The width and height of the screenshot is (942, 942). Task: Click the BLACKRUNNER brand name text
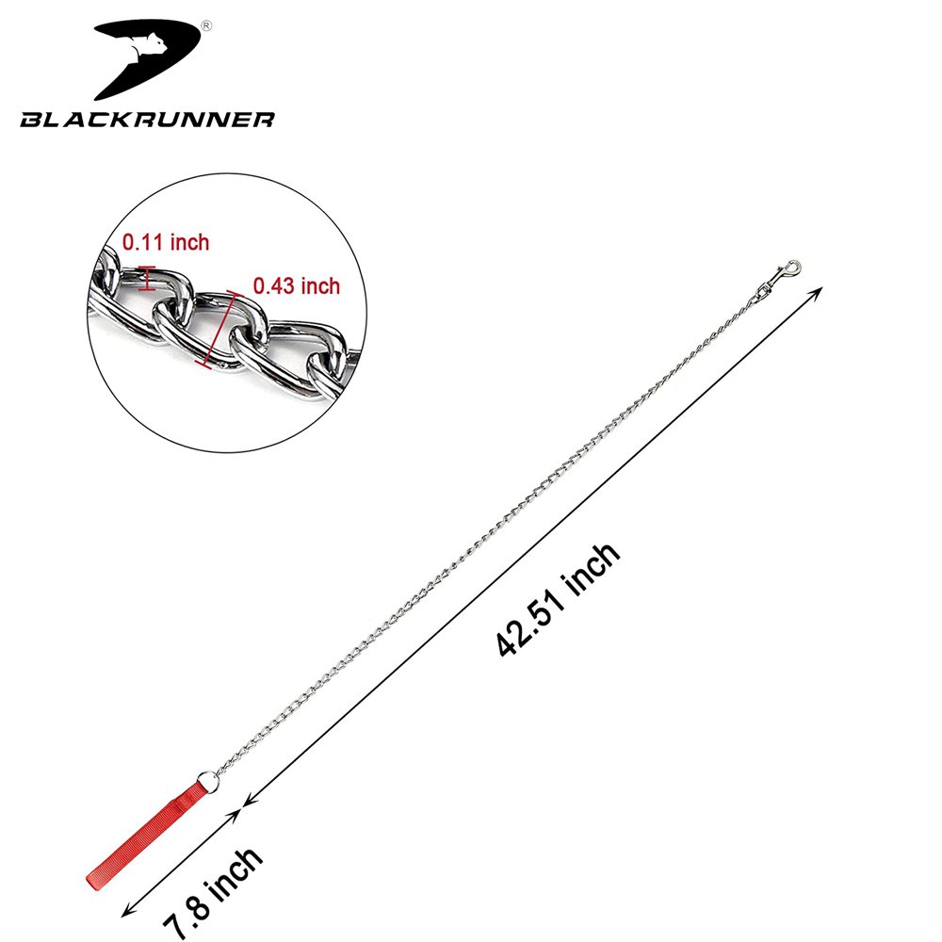click(147, 119)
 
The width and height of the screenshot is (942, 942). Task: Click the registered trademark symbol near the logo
click(206, 25)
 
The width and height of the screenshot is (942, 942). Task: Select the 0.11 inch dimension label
click(166, 242)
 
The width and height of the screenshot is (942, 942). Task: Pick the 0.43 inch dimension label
click(297, 286)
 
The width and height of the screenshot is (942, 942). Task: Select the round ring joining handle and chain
click(208, 780)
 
